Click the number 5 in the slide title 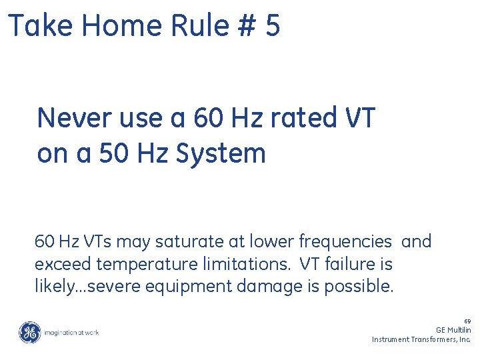point(272,27)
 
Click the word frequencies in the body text point(345,241)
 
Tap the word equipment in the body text point(185,287)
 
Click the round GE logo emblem point(29,332)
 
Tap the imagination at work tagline point(72,332)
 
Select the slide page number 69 point(467,321)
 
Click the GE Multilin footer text point(453,330)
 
